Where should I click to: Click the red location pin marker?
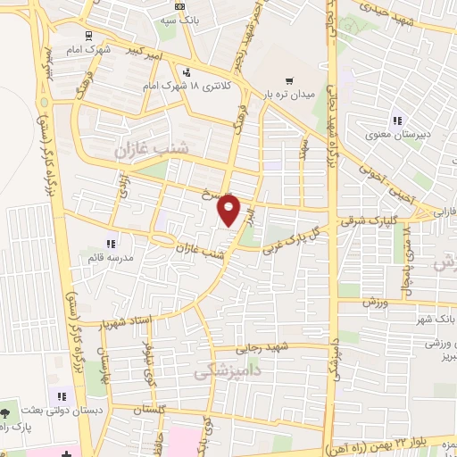(229, 211)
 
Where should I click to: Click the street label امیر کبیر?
(143, 54)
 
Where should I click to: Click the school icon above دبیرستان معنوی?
(396, 121)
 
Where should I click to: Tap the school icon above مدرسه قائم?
(112, 243)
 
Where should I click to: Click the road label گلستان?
(151, 408)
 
